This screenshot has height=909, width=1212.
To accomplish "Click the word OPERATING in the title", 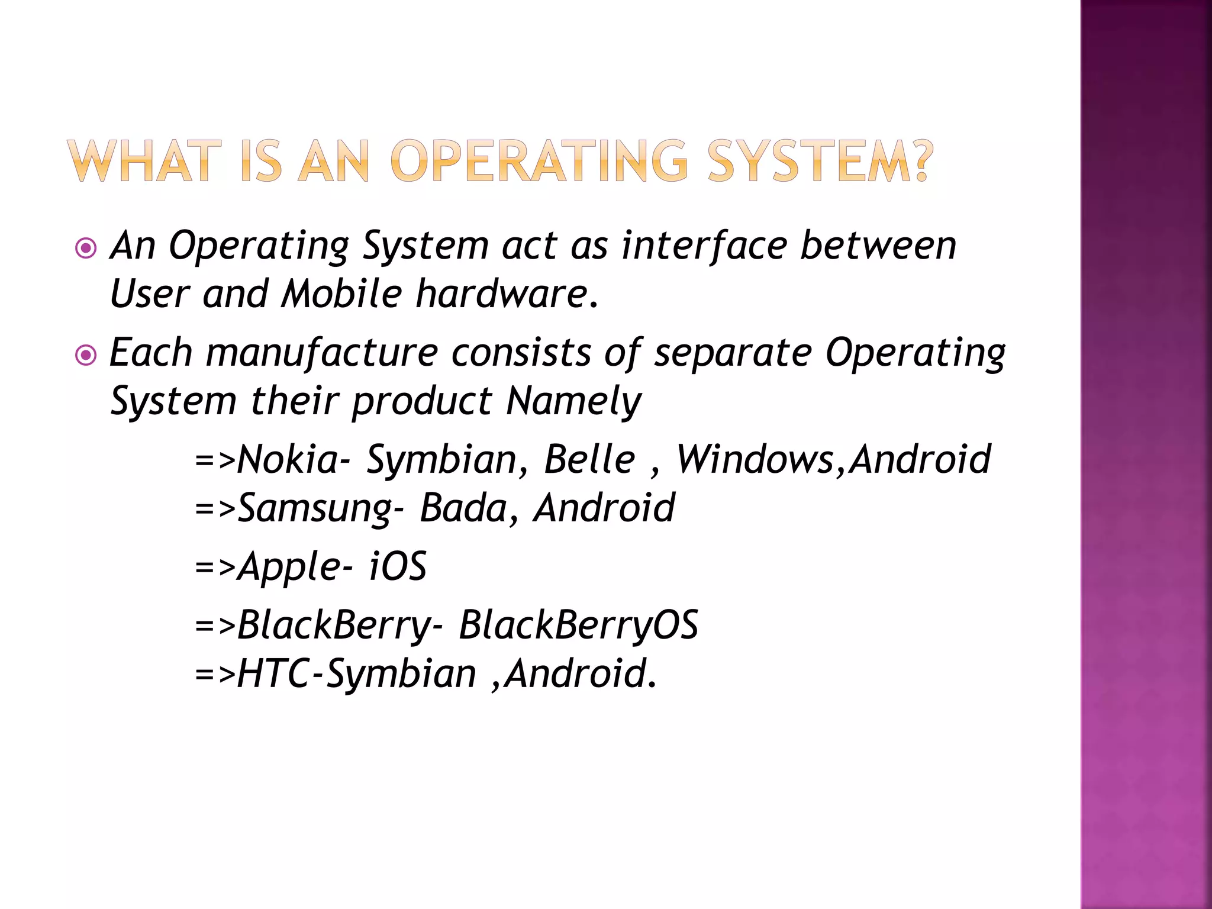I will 539,161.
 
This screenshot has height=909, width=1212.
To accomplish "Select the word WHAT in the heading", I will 140,161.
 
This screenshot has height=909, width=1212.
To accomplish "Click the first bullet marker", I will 86,248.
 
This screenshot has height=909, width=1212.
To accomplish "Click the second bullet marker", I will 86,355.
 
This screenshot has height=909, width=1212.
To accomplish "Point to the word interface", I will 704,246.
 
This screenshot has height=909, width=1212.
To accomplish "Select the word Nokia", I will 288,460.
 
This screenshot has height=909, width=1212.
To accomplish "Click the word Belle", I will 589,460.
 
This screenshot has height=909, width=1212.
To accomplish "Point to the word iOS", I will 397,567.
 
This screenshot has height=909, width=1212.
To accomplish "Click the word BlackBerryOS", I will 578,626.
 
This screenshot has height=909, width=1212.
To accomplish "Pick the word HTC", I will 273,675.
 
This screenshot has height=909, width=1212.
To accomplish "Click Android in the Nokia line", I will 920,460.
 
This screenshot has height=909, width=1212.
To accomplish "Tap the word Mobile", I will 341,294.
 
